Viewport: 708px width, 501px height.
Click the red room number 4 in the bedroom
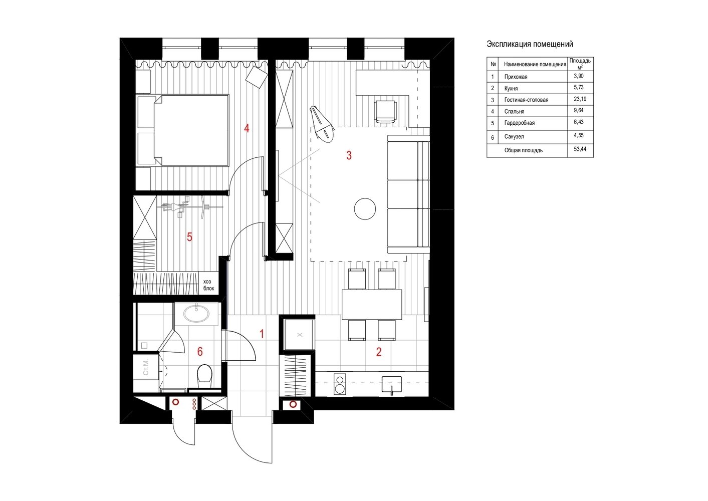[247, 128]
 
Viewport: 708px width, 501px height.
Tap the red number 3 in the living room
[349, 155]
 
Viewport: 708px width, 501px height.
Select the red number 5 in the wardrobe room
[189, 237]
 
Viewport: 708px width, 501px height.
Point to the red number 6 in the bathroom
[200, 352]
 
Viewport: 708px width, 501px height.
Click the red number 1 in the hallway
[262, 334]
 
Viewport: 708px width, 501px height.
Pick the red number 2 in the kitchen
[379, 352]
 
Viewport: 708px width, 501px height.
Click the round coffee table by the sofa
[365, 208]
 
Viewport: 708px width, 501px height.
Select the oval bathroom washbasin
[196, 314]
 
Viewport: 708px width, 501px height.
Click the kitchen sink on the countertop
[392, 385]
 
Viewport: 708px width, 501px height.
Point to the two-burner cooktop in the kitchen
[340, 384]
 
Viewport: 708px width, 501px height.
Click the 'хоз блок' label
[208, 285]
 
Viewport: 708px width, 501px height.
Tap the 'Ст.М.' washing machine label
[146, 367]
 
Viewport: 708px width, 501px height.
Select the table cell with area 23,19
[580, 99]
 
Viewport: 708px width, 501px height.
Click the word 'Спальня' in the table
[514, 111]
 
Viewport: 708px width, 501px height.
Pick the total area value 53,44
[580, 149]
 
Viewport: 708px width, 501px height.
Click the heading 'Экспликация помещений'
[530, 44]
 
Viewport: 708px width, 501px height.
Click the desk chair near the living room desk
[385, 111]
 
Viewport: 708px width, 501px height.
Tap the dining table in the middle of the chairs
[372, 304]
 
